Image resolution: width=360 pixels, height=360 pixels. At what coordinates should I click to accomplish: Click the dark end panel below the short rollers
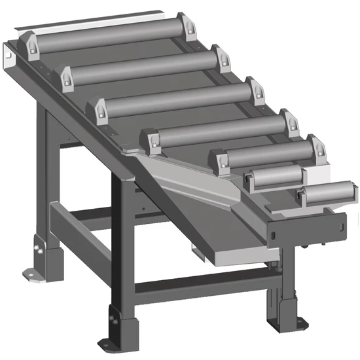pos(308,230)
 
